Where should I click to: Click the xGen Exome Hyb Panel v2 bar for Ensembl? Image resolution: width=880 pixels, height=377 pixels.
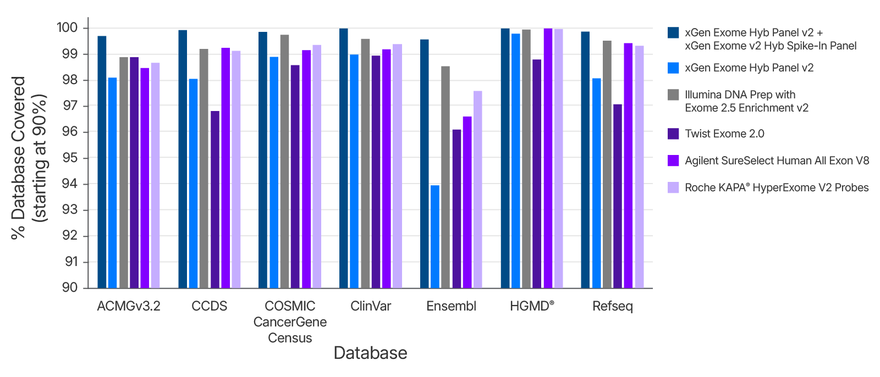pos(435,236)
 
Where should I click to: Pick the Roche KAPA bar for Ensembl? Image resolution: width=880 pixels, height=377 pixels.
pos(478,190)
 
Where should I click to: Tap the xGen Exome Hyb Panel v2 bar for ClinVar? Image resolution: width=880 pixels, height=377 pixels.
pos(354,171)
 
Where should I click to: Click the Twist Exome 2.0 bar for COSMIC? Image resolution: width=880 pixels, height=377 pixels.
pos(295,176)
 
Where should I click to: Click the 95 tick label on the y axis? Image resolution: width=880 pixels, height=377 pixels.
pos(70,158)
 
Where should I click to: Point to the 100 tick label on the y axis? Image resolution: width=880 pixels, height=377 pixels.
pos(67,27)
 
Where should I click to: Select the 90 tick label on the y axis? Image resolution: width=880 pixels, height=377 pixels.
pos(70,287)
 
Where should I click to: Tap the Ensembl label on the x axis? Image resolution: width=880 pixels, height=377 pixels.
pos(451,306)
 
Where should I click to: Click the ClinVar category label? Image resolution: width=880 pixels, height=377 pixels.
pos(371,306)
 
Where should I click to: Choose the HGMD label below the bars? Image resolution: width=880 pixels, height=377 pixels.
pos(532,306)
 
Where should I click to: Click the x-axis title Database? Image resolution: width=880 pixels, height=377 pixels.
pos(370,353)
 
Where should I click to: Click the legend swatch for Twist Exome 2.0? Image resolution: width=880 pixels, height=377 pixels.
pos(673,134)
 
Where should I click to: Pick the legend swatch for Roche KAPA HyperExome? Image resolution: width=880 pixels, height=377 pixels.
pos(673,187)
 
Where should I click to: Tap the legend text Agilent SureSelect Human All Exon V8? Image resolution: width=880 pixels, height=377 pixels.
pos(777,160)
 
